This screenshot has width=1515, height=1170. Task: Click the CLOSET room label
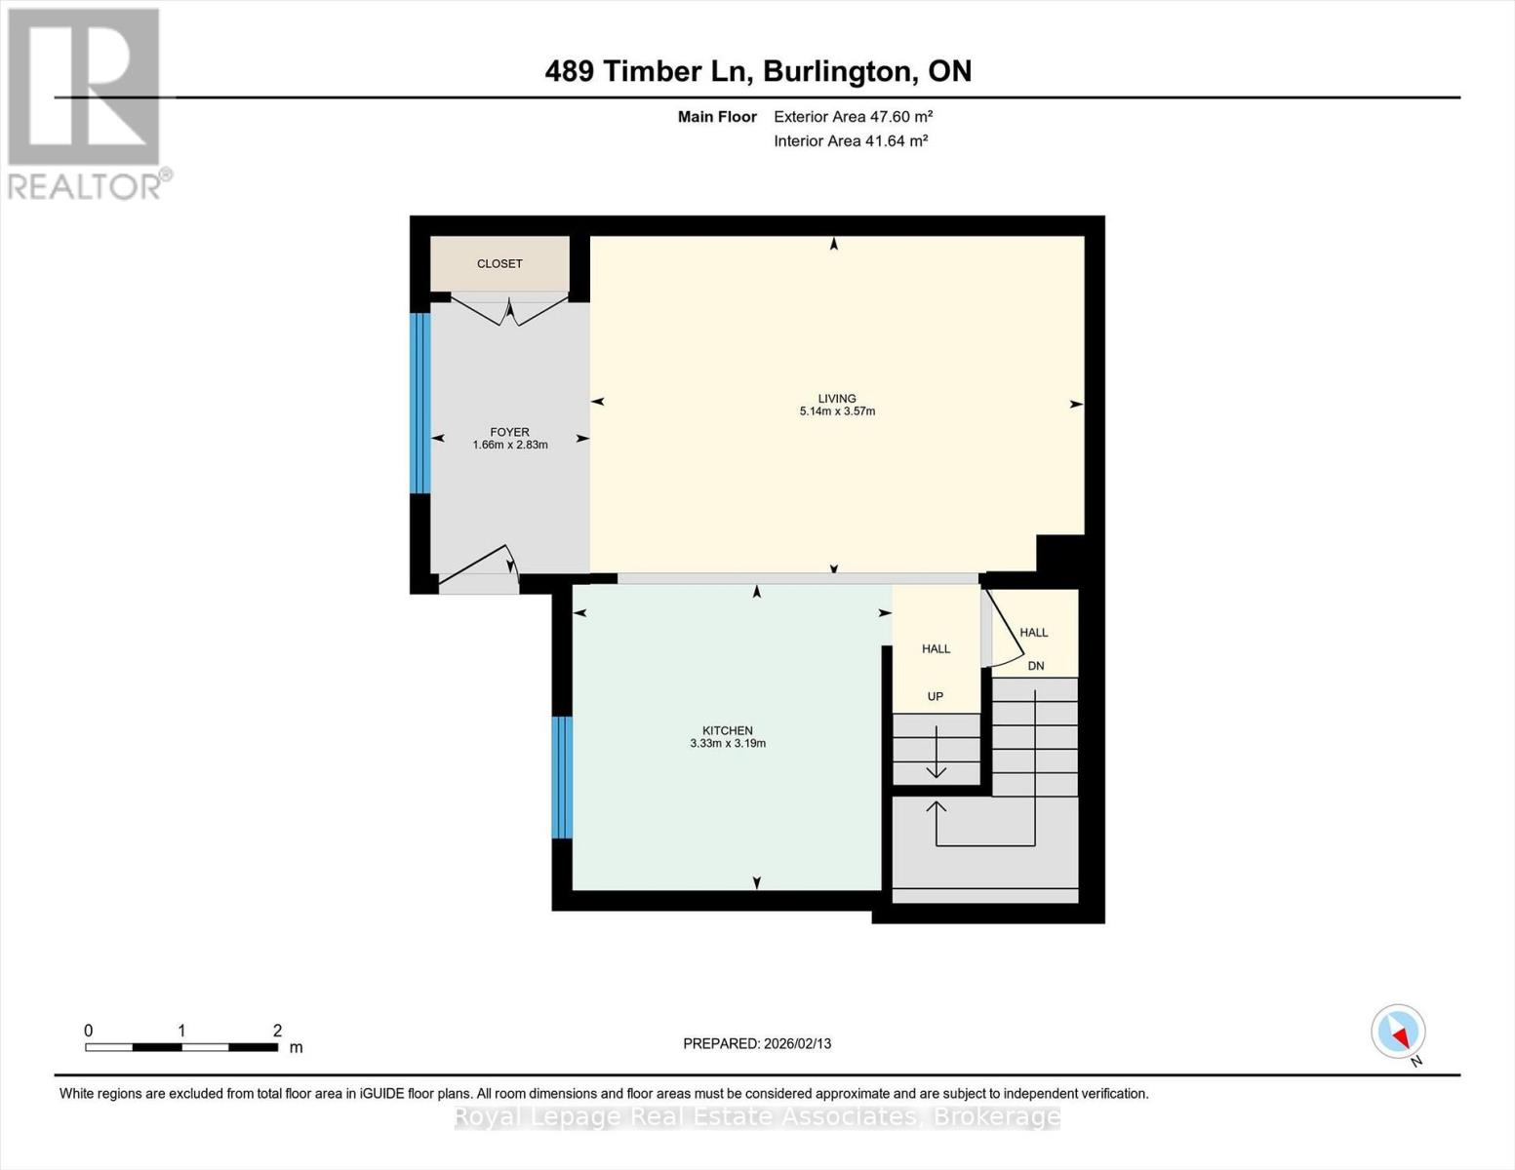click(499, 264)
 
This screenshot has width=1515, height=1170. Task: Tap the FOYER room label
click(509, 432)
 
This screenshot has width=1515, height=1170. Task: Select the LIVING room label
click(837, 398)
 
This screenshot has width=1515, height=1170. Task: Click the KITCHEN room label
click(728, 730)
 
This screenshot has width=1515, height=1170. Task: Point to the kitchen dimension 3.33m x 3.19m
click(728, 744)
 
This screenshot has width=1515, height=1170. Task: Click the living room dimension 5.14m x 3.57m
click(837, 411)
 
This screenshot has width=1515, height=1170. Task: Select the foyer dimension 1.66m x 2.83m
click(510, 446)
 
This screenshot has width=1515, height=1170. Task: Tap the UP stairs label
click(936, 696)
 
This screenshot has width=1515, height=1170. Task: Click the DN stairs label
click(1036, 666)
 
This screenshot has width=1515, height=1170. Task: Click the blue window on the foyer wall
click(419, 403)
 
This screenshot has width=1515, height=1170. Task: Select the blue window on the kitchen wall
click(562, 777)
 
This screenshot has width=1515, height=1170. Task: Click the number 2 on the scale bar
click(277, 1031)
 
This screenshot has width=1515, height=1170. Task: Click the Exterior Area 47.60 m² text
click(854, 117)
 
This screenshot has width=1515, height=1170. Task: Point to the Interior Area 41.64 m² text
click(851, 141)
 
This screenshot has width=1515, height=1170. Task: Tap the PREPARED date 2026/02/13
click(757, 1043)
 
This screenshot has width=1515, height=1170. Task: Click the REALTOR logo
click(86, 103)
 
